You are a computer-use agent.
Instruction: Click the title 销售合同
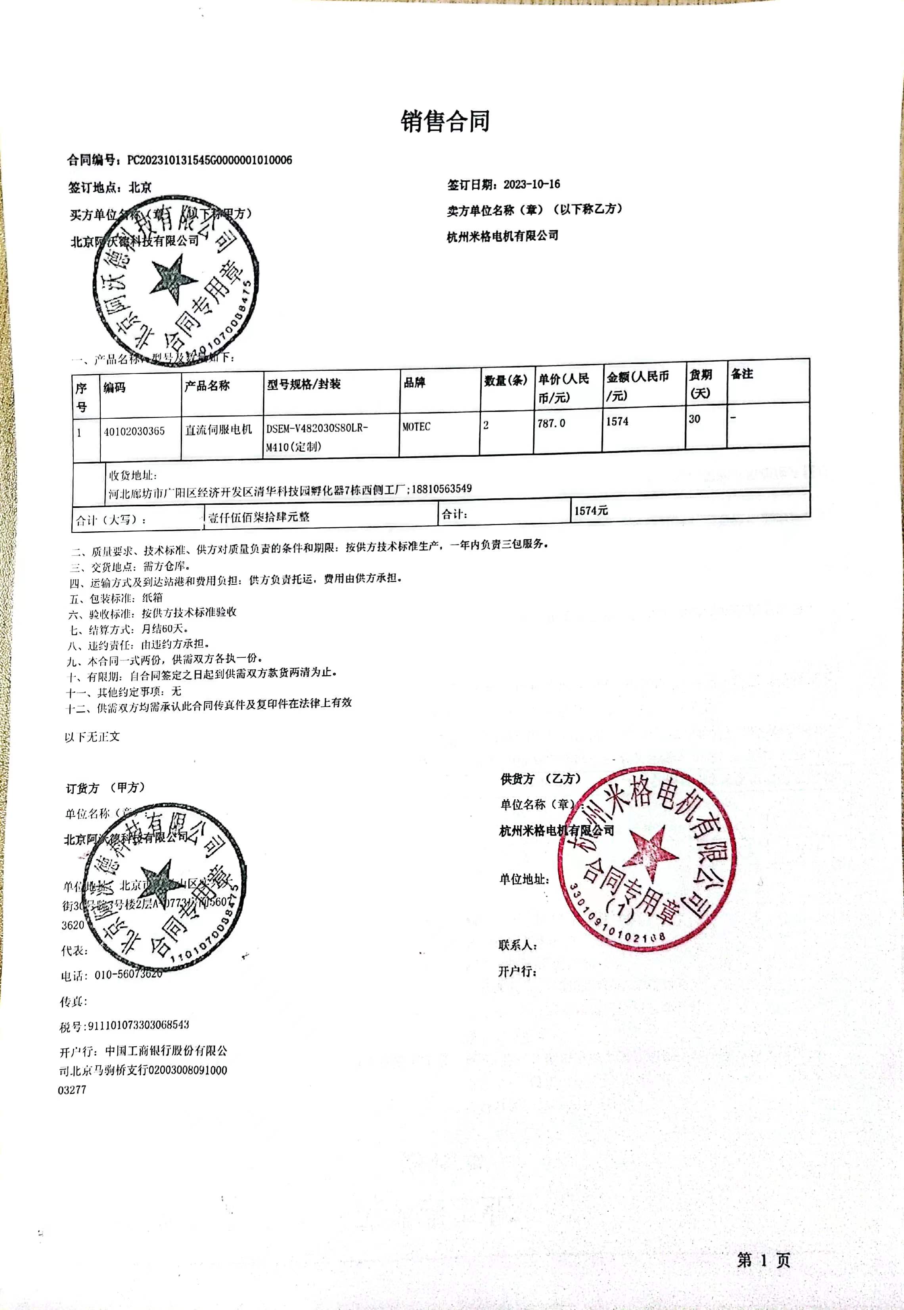click(445, 121)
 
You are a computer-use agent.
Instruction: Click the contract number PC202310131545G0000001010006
click(210, 160)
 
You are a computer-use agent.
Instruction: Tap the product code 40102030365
click(134, 431)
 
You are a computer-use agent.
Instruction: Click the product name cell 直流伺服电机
click(218, 429)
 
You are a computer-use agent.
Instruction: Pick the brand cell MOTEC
click(416, 427)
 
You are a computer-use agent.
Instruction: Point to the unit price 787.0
click(551, 423)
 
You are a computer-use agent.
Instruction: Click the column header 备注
click(741, 374)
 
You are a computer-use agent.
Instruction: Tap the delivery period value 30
click(694, 419)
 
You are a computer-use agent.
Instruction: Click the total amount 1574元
click(591, 511)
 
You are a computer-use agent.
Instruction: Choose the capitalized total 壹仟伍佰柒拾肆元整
click(259, 517)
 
